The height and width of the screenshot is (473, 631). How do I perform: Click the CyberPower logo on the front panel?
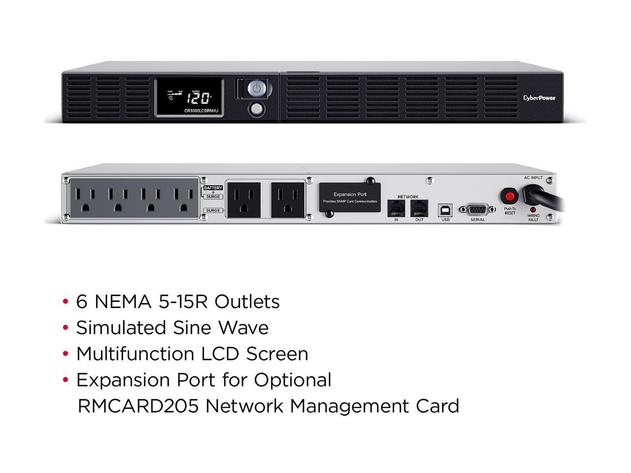539,98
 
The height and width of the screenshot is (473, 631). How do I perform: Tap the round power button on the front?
256,89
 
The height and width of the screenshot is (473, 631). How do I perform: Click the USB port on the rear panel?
446,209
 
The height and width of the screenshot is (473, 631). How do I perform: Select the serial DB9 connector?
477,209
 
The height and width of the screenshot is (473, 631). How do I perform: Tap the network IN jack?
396,208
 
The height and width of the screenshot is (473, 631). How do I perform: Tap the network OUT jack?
419,208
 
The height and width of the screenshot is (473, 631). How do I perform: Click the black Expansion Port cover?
350,198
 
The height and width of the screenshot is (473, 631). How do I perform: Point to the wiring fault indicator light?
533,209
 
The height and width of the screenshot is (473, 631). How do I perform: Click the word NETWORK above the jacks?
408,197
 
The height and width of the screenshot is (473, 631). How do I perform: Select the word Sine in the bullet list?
192,328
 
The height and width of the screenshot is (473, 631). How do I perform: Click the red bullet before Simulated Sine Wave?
66,328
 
